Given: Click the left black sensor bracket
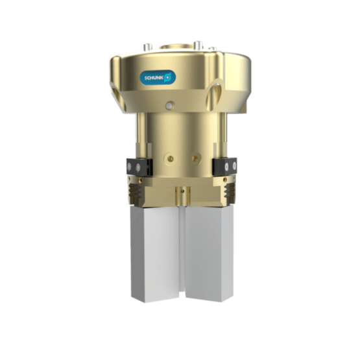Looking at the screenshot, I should pyautogui.click(x=134, y=166).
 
